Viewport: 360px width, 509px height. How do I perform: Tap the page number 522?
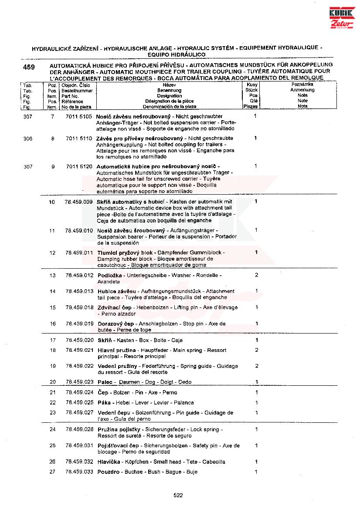point(178,495)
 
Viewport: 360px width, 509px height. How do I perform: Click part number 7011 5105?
point(79,117)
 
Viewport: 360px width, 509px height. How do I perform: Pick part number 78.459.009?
point(78,202)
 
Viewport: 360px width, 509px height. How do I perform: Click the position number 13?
point(52,276)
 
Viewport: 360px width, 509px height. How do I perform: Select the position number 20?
point(53,382)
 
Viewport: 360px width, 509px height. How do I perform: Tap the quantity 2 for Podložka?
point(256,275)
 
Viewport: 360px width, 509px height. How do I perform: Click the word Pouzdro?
point(109,472)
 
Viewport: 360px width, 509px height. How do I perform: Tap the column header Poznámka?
point(302,84)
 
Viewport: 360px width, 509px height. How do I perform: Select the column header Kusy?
point(252,85)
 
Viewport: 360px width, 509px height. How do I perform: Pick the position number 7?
point(52,117)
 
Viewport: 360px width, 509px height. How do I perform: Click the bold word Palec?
point(105,382)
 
